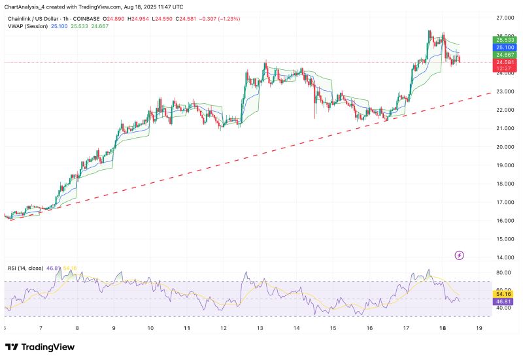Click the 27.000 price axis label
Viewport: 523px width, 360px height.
pos(504,18)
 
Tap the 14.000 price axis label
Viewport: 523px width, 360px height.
pos(504,257)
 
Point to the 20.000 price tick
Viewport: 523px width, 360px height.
pos(504,147)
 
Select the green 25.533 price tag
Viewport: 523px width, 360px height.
pos(503,40)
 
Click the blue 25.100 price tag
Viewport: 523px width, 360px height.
pos(503,47)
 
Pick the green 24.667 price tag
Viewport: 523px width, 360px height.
pos(503,55)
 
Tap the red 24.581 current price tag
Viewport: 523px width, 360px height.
pos(503,62)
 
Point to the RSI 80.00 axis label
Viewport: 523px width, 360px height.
pos(503,272)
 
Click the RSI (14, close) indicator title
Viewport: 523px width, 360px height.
pos(25,268)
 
